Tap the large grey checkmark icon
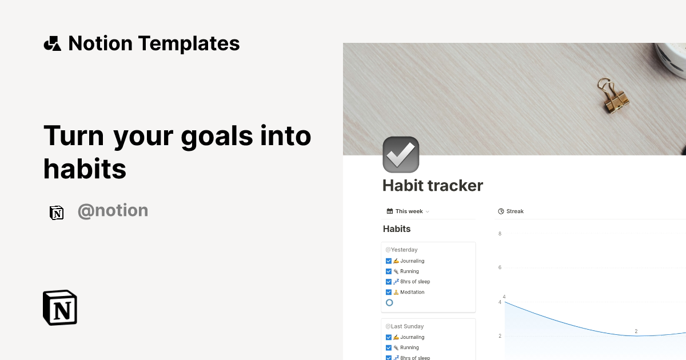tap(401, 154)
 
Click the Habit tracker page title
tap(433, 185)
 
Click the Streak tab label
tap(514, 211)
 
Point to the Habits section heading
tap(397, 229)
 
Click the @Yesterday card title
tap(401, 250)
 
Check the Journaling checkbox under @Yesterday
tap(389, 261)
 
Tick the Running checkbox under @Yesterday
tap(389, 271)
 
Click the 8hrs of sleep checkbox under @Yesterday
tap(389, 282)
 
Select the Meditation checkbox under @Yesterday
tap(389, 292)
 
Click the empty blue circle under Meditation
tap(389, 302)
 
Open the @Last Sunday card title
tap(404, 326)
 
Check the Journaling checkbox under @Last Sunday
tap(389, 337)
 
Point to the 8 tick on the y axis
tap(500, 234)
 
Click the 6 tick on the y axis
tap(500, 267)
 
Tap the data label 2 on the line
tap(636, 331)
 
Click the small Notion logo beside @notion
tap(57, 213)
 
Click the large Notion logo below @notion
tap(60, 307)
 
